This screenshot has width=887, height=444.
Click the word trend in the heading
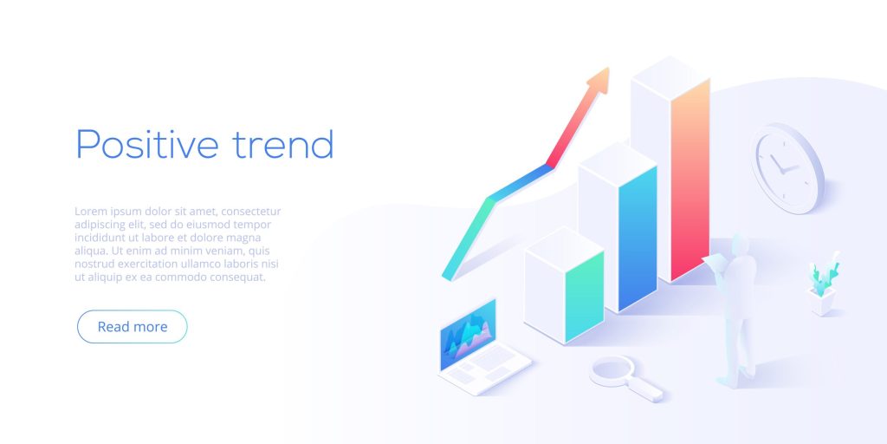(283, 144)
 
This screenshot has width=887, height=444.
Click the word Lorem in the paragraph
(92, 212)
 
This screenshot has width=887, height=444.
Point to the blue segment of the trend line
(521, 182)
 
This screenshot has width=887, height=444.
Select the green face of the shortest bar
(585, 297)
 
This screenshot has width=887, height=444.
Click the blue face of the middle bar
(638, 238)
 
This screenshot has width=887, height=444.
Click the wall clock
(787, 168)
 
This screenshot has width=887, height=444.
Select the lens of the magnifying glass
(612, 371)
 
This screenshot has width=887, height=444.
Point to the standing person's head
(741, 244)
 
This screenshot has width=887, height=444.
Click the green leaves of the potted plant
(824, 273)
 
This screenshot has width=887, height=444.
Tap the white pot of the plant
(822, 301)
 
